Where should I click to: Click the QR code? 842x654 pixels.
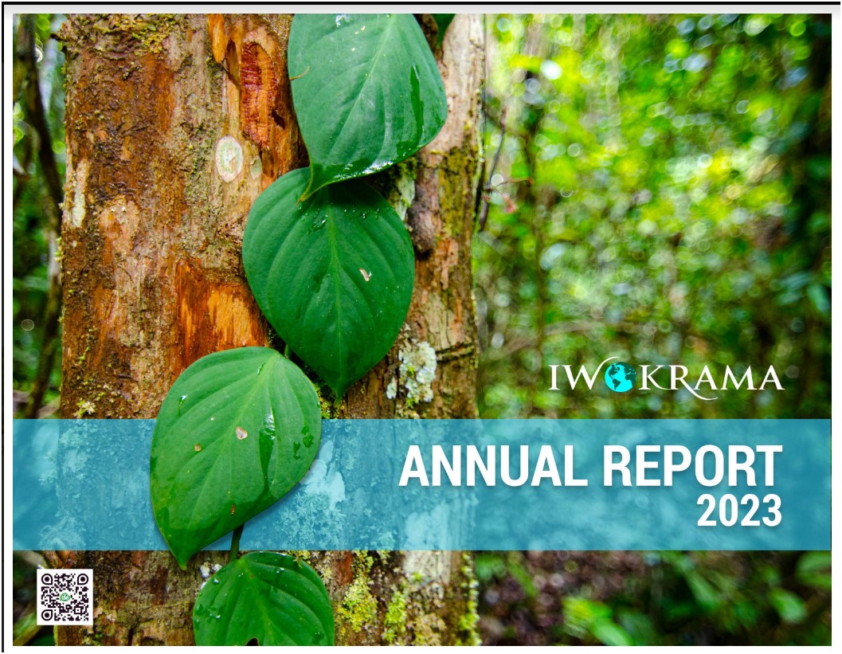(65, 597)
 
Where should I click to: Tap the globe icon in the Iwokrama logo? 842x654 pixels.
(620, 377)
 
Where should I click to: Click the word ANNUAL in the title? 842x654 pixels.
(493, 465)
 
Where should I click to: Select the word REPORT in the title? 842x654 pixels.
(692, 465)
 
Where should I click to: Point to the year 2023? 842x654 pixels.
(739, 510)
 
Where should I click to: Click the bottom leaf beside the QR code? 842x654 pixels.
(263, 599)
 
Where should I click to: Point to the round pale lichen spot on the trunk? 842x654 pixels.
(229, 159)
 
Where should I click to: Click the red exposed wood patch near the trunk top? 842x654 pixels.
(258, 92)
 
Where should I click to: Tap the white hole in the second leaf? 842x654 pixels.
(366, 275)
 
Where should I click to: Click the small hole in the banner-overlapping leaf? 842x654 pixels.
(241, 433)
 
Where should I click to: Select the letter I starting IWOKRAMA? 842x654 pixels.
(553, 378)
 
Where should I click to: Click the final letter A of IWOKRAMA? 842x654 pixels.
(769, 378)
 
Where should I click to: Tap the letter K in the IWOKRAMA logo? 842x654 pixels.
(650, 378)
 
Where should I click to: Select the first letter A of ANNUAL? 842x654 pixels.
(415, 465)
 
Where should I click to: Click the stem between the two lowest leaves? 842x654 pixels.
(236, 542)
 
